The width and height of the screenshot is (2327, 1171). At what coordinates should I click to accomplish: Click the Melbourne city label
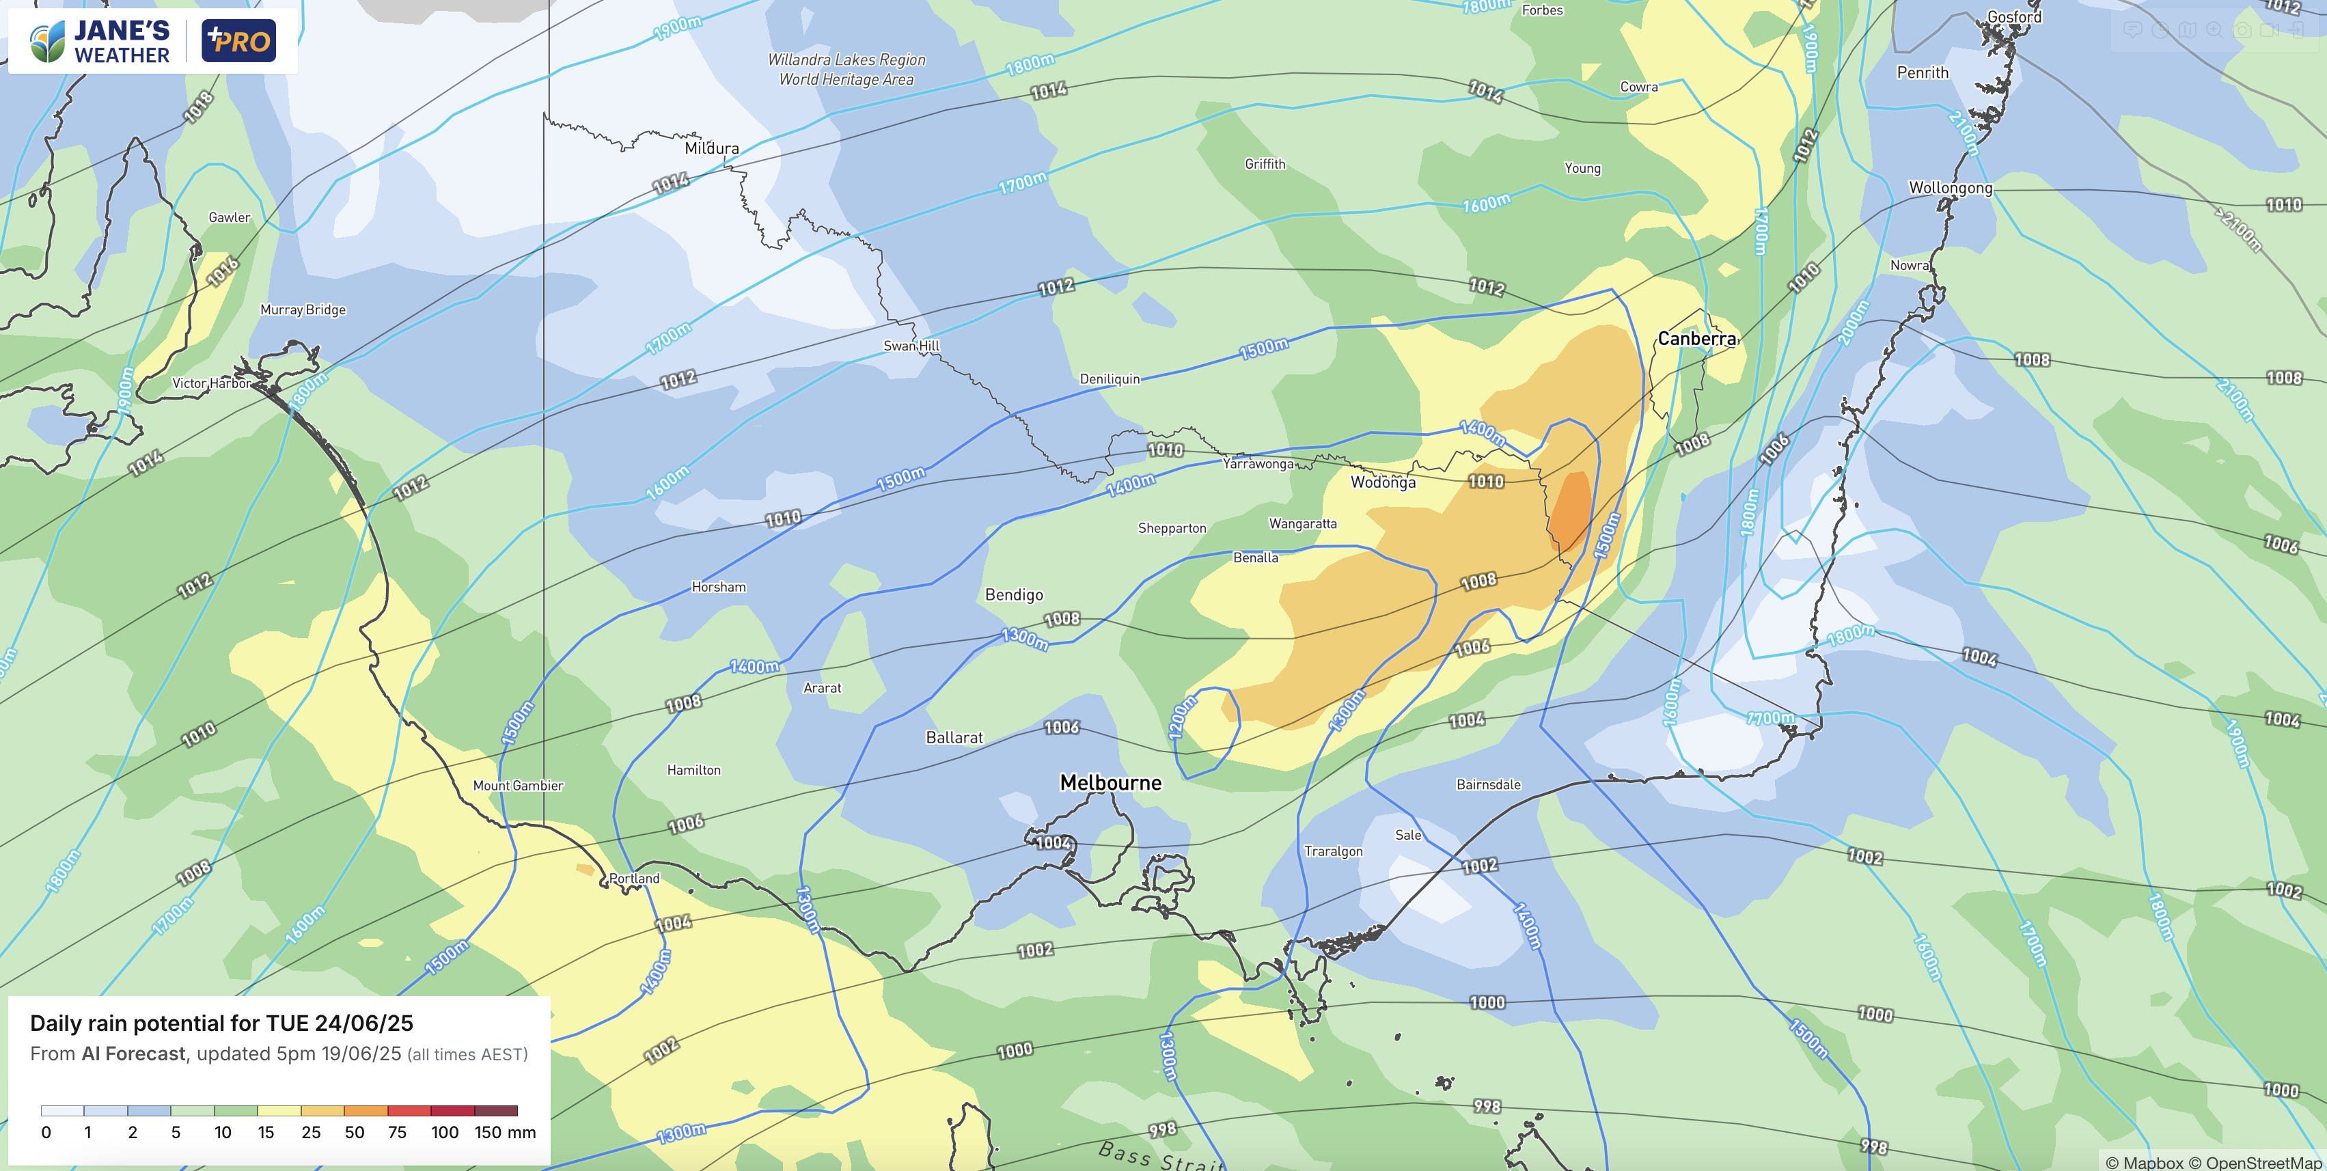click(x=1110, y=782)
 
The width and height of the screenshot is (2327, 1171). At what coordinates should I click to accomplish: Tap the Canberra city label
click(x=1696, y=339)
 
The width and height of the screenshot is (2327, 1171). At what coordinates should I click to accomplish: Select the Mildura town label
click(x=711, y=148)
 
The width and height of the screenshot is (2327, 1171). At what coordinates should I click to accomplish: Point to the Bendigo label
click(x=1014, y=594)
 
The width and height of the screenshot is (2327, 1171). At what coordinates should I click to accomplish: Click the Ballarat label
click(x=954, y=737)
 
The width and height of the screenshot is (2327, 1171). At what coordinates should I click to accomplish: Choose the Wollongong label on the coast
click(x=1949, y=188)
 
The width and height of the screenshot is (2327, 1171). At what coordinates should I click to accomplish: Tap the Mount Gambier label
click(x=518, y=785)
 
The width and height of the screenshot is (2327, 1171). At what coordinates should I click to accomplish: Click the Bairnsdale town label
click(x=1488, y=784)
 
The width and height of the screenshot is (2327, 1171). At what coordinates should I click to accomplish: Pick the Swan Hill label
click(x=911, y=345)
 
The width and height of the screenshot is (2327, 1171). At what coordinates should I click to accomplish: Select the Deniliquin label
click(x=1110, y=378)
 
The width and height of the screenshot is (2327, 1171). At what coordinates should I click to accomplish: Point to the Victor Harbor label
click(x=211, y=383)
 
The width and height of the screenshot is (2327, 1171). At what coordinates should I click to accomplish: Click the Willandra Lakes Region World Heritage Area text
click(x=846, y=70)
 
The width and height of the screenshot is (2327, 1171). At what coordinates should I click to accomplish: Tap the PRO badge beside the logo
click(x=238, y=42)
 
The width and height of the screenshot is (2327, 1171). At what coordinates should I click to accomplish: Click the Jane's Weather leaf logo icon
click(x=47, y=42)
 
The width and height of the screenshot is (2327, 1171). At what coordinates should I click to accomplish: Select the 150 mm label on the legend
click(x=505, y=1132)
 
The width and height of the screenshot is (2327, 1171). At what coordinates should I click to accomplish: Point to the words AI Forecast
click(x=133, y=1053)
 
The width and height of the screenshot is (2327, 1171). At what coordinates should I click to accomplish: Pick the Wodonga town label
click(x=1382, y=482)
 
